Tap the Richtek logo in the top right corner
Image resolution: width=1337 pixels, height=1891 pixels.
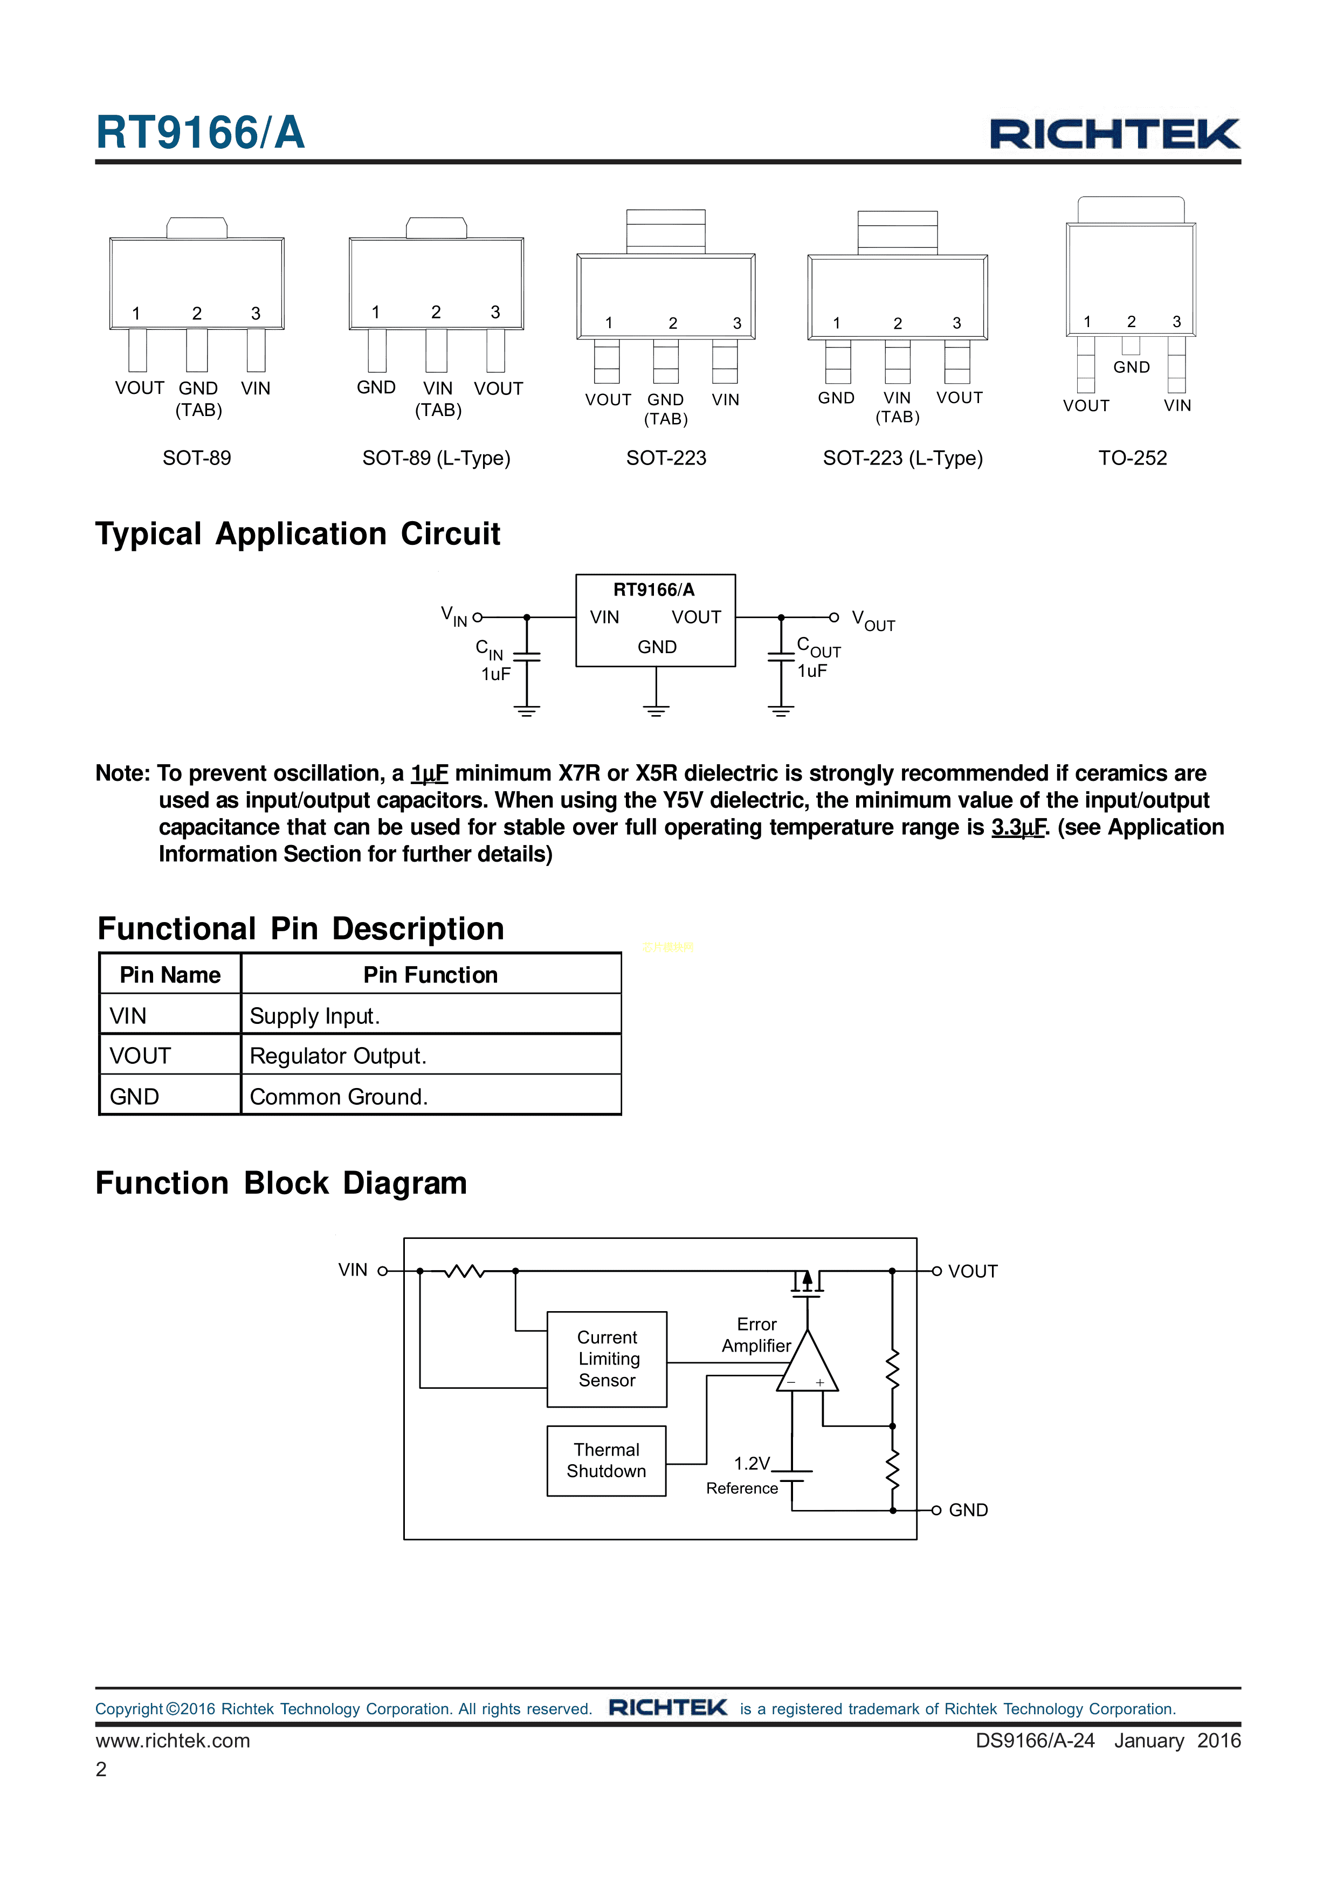pos(1114,134)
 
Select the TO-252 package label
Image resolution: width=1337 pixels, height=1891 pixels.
pos(1132,458)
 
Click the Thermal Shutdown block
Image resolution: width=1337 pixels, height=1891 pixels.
pos(607,1460)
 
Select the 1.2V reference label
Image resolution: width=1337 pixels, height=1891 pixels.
pos(752,1464)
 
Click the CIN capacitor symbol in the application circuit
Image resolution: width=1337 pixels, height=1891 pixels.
pos(526,656)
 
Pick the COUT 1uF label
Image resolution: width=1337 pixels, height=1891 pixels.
pos(817,659)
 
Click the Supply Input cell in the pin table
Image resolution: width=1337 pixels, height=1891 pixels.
pos(315,1015)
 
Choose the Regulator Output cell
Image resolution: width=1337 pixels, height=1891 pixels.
pos(337,1056)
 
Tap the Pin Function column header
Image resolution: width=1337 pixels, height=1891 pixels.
pos(430,975)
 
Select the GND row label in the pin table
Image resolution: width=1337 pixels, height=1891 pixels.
pos(134,1096)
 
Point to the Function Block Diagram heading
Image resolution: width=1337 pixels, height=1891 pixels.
pos(281,1183)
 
